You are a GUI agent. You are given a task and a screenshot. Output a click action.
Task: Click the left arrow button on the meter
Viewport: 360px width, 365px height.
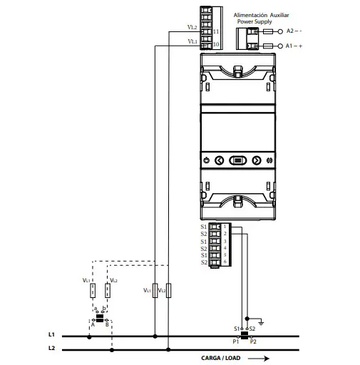pos(220,160)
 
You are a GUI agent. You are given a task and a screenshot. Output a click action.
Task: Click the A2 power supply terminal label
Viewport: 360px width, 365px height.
pos(294,31)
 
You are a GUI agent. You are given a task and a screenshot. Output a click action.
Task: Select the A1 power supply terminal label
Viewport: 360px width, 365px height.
pos(294,46)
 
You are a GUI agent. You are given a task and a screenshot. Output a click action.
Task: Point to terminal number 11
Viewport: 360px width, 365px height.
pos(215,32)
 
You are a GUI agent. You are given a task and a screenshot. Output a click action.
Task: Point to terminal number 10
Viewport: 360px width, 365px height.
pos(215,44)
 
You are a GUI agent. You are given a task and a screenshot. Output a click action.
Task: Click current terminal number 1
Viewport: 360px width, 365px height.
pos(225,227)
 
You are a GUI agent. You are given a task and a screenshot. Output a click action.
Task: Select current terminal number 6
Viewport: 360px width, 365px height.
pos(225,262)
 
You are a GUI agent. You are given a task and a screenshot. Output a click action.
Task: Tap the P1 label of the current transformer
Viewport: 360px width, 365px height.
pos(235,342)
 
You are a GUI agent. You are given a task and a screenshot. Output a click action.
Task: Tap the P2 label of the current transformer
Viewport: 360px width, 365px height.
pos(253,342)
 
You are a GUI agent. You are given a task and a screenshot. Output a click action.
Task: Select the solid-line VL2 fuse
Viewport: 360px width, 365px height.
pos(168,290)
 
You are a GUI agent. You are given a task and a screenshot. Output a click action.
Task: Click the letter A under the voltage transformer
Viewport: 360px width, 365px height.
pos(93,324)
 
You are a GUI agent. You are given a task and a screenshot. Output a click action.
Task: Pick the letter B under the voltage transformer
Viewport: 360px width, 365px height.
pos(106,324)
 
